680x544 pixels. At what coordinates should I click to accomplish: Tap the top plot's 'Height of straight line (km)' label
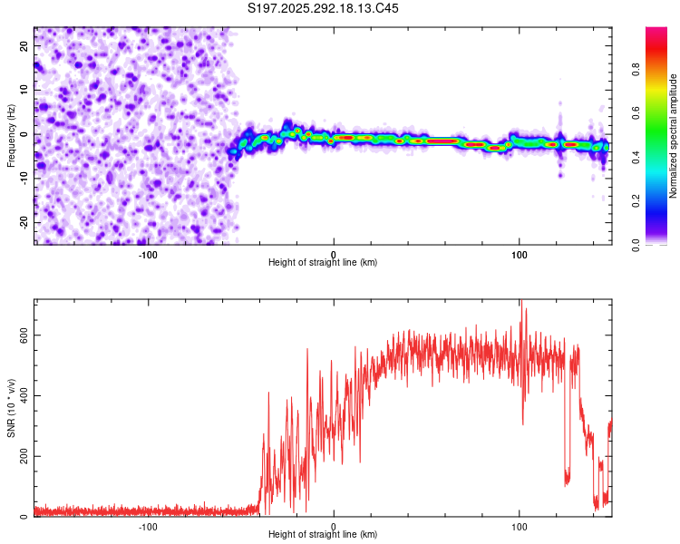[323, 262]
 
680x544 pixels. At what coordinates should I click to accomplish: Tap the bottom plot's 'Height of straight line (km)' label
[323, 534]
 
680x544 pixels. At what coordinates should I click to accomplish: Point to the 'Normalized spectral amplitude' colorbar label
[673, 136]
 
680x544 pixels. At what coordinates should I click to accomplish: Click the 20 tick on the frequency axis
[24, 45]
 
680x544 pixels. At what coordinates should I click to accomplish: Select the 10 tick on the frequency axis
[24, 90]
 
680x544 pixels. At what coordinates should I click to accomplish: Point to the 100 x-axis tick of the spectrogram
[520, 253]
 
